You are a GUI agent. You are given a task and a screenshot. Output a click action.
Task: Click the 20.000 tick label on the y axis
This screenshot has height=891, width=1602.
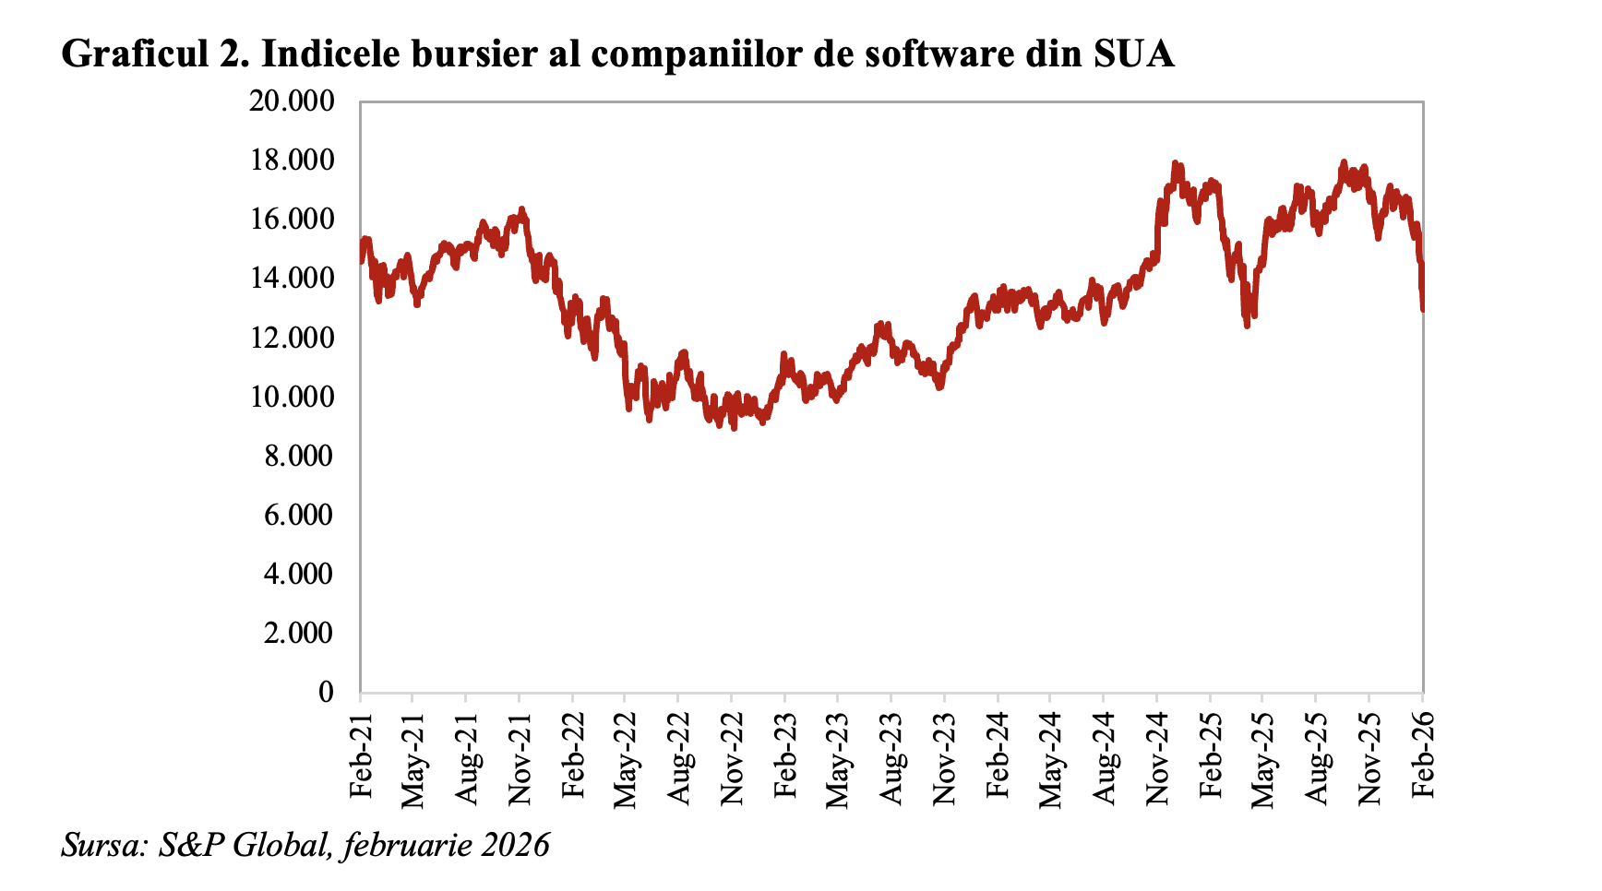click(x=291, y=101)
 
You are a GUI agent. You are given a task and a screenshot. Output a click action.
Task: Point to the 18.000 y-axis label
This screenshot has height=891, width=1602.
click(x=291, y=160)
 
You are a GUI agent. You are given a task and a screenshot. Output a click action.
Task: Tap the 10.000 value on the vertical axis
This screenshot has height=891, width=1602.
click(x=291, y=397)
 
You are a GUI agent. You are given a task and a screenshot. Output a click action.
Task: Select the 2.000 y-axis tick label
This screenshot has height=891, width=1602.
click(x=298, y=633)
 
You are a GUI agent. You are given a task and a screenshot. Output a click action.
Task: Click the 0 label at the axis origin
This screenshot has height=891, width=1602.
click(x=325, y=692)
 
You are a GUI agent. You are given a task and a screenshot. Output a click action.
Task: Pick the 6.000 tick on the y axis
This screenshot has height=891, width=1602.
click(x=298, y=515)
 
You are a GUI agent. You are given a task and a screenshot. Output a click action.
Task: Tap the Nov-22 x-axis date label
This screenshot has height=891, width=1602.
click(x=733, y=751)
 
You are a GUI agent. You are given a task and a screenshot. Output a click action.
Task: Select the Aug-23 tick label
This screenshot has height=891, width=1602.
click(x=892, y=751)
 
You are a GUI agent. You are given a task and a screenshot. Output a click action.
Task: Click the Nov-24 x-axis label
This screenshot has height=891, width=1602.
click(x=1158, y=751)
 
